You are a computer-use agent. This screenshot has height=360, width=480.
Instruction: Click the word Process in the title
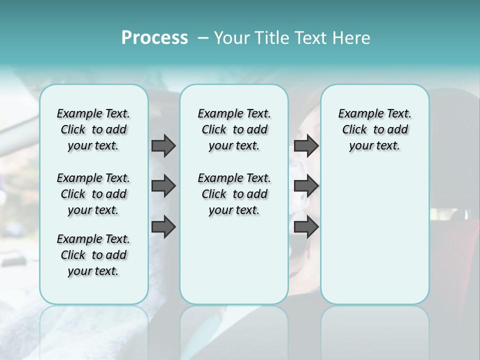(154, 38)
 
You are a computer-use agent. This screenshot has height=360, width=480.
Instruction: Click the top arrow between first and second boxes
(163, 145)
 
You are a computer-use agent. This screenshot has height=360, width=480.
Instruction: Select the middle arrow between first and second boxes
(163, 186)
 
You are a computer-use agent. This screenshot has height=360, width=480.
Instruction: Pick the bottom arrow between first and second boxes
(163, 227)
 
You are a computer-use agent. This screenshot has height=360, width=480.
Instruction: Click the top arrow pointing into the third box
(306, 145)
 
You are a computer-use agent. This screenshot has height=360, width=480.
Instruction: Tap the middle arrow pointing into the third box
(306, 186)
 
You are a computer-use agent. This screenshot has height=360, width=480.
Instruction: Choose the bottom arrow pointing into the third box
(306, 227)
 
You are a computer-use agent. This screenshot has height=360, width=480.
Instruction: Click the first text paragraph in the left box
(93, 129)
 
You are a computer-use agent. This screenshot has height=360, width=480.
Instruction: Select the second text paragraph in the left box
(93, 194)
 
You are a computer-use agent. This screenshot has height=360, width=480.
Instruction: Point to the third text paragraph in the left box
(93, 255)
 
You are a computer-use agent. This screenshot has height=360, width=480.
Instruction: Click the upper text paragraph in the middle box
(234, 129)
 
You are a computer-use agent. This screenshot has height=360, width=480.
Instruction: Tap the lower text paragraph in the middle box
(234, 194)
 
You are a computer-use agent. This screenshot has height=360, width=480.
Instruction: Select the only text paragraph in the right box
(374, 129)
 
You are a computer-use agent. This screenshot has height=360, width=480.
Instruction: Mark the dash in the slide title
(203, 38)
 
